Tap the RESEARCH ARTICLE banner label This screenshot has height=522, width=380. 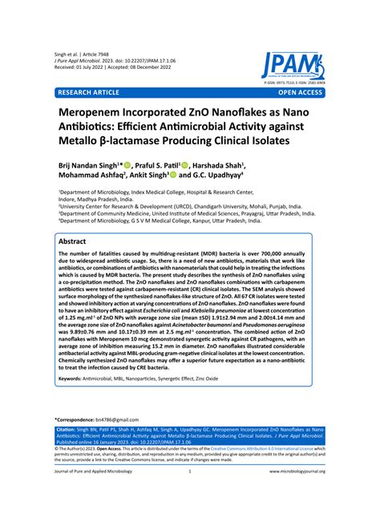click(86, 93)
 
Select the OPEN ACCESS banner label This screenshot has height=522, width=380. click(304, 93)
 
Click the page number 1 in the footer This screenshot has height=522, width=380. click(189, 494)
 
